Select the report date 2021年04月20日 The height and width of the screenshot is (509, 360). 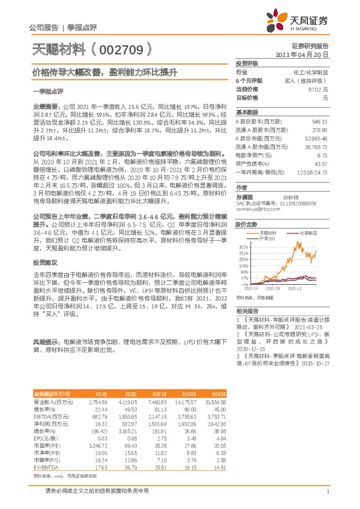point(307,54)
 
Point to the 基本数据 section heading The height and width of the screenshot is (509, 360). point(247,112)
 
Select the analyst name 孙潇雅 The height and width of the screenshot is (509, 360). point(244,196)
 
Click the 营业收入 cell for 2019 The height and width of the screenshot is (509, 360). point(98,401)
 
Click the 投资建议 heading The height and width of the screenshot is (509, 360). point(45,262)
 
